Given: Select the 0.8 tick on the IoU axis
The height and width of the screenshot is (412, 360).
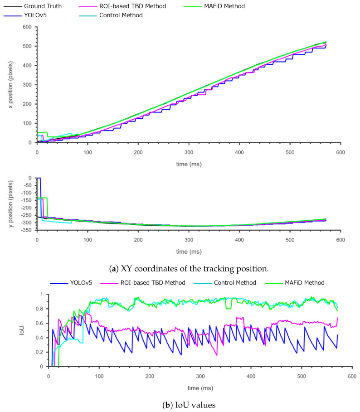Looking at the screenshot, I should point(41,309).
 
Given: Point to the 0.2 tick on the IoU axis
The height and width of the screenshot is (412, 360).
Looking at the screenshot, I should point(41,352).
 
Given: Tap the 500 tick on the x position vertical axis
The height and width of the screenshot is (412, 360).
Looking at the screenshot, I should point(28,46).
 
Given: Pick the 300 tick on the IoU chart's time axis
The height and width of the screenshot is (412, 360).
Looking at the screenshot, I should point(200,375).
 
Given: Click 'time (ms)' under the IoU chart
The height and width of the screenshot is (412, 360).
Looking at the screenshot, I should point(200,388).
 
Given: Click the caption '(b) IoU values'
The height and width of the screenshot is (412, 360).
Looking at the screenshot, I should point(180,405).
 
